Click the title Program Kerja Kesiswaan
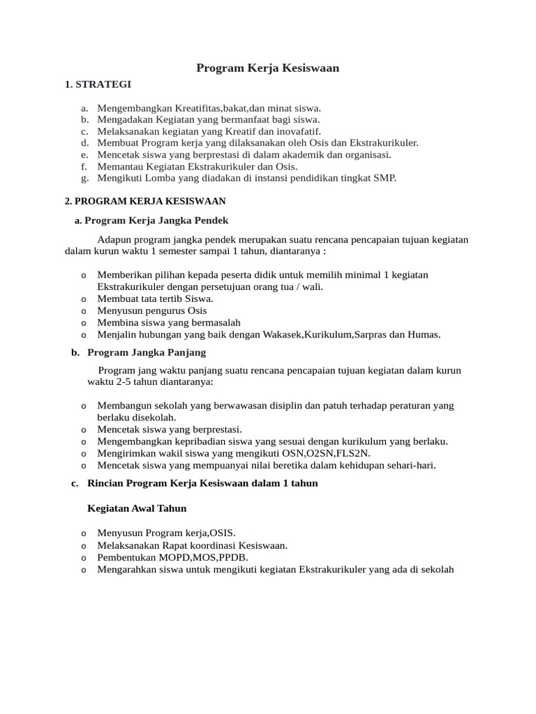click(x=267, y=68)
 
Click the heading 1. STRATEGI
click(x=97, y=84)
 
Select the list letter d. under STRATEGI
click(x=84, y=143)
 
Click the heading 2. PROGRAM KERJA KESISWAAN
click(x=145, y=201)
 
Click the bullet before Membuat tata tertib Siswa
click(x=84, y=299)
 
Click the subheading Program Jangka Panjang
click(x=147, y=352)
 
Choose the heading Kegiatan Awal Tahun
click(x=137, y=508)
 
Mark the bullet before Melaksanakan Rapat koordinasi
click(x=84, y=546)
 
